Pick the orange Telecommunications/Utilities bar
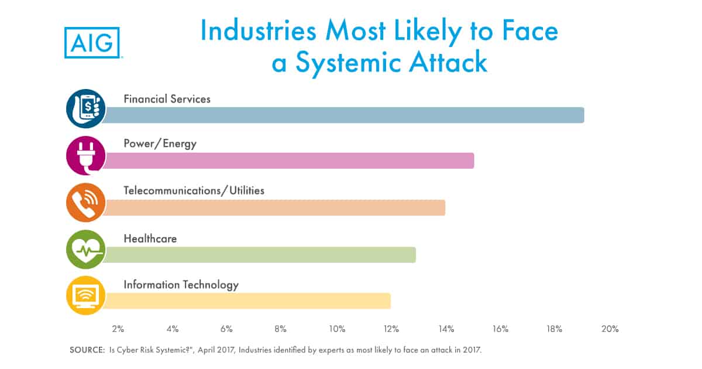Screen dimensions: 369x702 (x=274, y=207)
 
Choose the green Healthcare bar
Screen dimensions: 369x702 (x=260, y=255)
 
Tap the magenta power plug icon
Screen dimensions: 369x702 (x=86, y=155)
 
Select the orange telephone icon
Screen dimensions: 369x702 (x=86, y=202)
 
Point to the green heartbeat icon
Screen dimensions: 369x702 (x=86, y=249)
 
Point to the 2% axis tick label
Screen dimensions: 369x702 (x=118, y=329)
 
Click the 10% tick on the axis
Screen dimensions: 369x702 (x=337, y=329)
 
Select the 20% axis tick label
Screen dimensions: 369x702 (x=610, y=329)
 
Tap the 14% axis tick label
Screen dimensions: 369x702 (x=446, y=329)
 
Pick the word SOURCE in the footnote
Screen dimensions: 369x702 (x=87, y=350)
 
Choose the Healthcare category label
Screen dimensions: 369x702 (x=150, y=238)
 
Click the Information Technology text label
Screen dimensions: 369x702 (x=181, y=285)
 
